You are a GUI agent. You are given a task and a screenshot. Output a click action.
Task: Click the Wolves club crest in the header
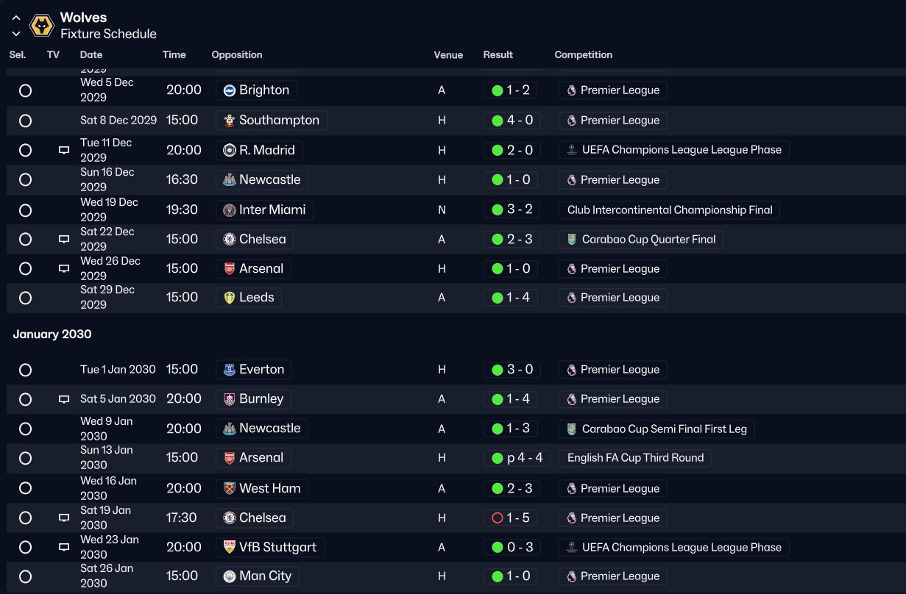tap(41, 26)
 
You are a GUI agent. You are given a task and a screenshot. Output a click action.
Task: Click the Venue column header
tap(448, 55)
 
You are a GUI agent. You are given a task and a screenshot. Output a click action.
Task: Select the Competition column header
tap(583, 55)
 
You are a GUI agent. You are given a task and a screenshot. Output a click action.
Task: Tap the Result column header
tap(498, 55)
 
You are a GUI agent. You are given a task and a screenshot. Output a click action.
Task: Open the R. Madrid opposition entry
tap(259, 150)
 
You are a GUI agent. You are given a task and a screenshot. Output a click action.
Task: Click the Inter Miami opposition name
tap(272, 210)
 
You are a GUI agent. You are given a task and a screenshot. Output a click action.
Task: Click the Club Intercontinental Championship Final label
tap(669, 210)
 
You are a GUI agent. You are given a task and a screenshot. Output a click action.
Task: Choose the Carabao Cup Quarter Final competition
tap(641, 240)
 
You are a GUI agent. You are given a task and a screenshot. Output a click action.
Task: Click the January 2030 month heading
tap(52, 334)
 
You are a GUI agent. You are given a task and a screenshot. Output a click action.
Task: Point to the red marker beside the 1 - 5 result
tap(497, 518)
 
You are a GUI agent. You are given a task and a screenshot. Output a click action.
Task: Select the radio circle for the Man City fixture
tap(26, 576)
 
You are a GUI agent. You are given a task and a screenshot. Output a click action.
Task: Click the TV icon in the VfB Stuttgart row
tap(64, 548)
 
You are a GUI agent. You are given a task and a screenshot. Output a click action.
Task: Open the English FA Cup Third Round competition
tap(634, 458)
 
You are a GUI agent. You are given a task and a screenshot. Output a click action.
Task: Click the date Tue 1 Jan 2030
tap(118, 370)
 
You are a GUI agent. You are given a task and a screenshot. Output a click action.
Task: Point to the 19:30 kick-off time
tap(182, 210)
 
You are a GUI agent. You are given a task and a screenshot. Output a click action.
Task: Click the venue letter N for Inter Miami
tap(442, 210)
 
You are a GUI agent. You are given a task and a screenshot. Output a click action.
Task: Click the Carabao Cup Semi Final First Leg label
tap(657, 429)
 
